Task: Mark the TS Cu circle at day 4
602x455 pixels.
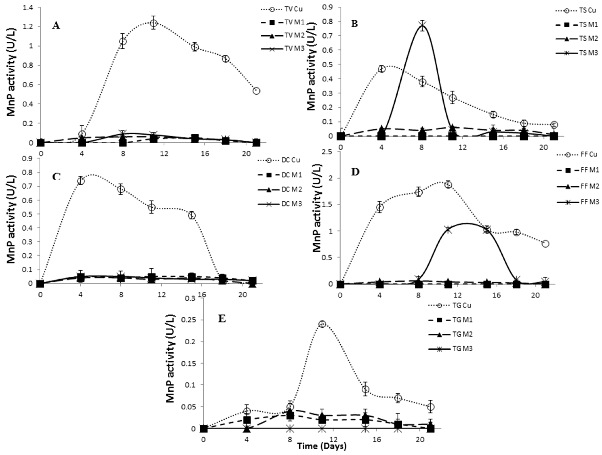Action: [x=382, y=69]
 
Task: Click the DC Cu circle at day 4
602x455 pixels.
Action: [x=81, y=181]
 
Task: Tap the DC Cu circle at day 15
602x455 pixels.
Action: [x=192, y=215]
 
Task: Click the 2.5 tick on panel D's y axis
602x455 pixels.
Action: [x=328, y=152]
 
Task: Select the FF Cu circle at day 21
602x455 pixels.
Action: [x=545, y=244]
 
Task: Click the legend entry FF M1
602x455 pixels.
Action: [x=589, y=170]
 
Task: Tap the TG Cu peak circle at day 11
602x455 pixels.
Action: [x=322, y=324]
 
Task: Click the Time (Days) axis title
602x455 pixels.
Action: [x=322, y=446]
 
